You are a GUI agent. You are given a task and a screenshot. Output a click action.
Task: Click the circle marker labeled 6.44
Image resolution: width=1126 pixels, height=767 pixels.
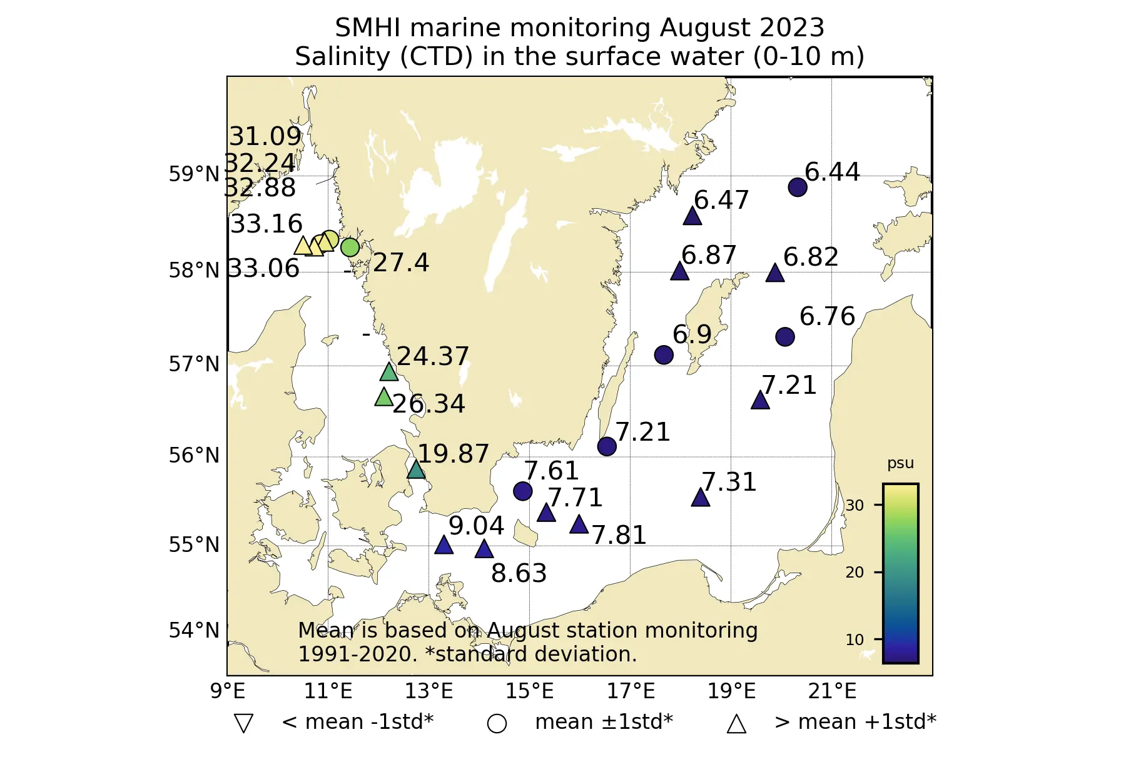[798, 187]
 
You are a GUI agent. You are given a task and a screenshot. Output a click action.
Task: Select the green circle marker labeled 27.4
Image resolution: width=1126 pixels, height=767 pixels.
[350, 248]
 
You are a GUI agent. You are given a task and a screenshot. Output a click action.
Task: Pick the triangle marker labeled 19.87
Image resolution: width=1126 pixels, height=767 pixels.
[417, 469]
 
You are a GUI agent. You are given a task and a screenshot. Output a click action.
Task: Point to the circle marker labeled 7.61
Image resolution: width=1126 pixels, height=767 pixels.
[523, 491]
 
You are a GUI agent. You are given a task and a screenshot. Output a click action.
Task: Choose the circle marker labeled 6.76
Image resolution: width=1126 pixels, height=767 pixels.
[785, 337]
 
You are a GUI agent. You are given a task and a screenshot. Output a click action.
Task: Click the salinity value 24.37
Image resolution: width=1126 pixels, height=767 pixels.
[433, 356]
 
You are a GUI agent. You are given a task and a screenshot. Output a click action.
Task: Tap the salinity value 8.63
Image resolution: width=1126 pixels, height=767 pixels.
[519, 573]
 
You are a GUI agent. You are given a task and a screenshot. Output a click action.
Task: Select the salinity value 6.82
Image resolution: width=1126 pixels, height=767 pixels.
[811, 257]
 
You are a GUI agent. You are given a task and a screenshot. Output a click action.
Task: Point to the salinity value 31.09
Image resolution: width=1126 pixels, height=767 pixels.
[266, 136]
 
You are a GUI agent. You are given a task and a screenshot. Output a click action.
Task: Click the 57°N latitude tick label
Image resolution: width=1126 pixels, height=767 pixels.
[195, 364]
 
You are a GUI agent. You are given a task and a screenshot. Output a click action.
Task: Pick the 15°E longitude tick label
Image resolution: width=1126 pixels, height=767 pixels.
[530, 691]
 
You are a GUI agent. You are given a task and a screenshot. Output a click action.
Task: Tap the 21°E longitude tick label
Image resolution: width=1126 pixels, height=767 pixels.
[832, 691]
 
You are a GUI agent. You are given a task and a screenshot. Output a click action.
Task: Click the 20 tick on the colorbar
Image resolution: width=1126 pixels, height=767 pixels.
[855, 572]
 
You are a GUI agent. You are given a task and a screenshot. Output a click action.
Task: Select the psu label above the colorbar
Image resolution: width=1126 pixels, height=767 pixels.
[900, 463]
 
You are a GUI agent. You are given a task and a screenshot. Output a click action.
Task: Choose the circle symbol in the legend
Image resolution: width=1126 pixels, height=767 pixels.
[497, 724]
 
